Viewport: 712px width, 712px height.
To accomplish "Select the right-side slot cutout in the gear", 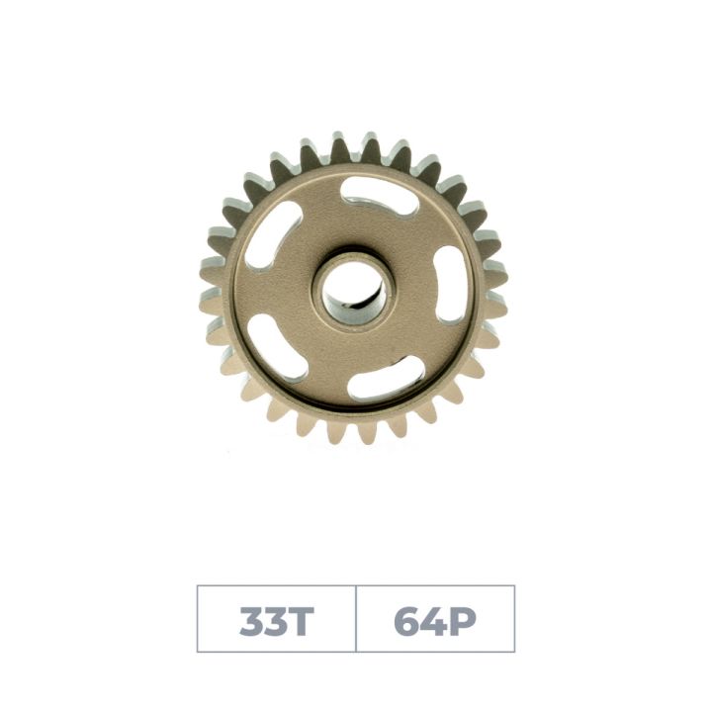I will tap(448, 284).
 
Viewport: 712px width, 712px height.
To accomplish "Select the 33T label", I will tap(276, 620).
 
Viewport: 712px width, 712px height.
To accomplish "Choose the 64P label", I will tap(435, 620).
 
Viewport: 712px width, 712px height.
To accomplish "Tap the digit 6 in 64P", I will tap(406, 621).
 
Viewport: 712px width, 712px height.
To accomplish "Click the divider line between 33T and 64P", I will tap(356, 619).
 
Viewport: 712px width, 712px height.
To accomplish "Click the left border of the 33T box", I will tap(198, 619).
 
